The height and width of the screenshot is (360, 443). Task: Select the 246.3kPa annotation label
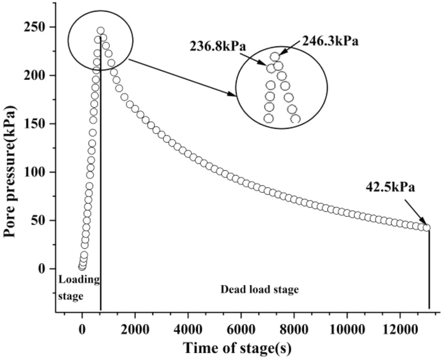tap(330, 41)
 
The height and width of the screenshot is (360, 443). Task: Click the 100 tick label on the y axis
tap(36, 172)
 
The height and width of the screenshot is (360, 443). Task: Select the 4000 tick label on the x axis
tap(188, 329)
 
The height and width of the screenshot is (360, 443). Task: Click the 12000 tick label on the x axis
tap(400, 329)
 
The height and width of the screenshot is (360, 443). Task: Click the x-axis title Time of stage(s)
tap(237, 348)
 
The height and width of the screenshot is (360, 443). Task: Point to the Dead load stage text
tap(259, 289)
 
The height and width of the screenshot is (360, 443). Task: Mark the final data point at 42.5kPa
tap(427, 228)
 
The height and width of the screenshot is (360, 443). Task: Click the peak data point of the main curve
tap(101, 31)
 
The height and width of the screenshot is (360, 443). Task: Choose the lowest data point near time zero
tap(81, 267)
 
